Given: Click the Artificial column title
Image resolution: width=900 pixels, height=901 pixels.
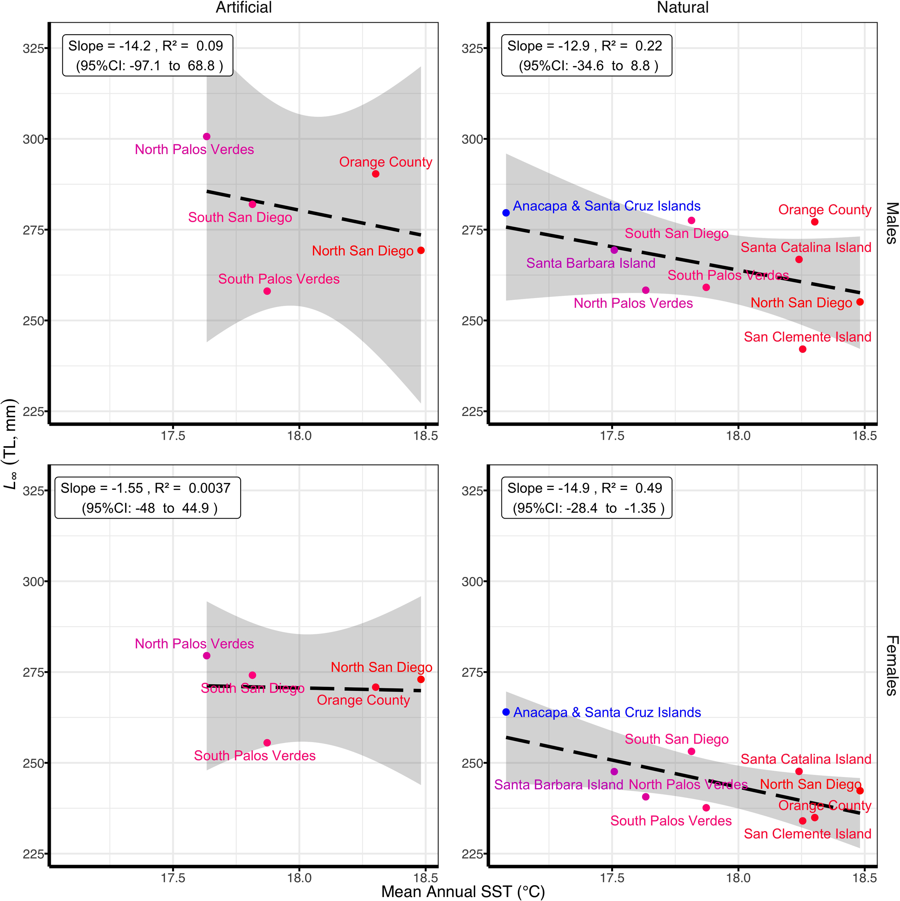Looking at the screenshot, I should [x=243, y=8].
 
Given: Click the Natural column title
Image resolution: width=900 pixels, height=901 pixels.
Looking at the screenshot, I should [x=682, y=8].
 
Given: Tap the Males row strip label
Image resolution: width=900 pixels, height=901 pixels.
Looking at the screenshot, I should [x=891, y=223].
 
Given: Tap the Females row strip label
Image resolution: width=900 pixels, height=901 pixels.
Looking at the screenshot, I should [x=891, y=666].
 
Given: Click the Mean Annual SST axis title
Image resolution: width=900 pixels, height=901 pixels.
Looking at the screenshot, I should [x=463, y=892].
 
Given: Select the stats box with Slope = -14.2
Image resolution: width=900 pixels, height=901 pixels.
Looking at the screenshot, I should [x=147, y=56].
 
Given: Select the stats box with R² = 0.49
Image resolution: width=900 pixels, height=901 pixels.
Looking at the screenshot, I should [x=586, y=498].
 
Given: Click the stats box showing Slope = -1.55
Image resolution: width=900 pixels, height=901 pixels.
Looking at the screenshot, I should [x=147, y=498].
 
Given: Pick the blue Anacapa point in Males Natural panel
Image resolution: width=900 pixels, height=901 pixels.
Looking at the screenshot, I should [x=506, y=213].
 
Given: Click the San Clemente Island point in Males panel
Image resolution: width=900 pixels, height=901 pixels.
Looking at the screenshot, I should [x=803, y=349].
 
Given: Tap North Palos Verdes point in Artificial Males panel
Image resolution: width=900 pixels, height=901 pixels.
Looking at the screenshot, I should [x=207, y=137].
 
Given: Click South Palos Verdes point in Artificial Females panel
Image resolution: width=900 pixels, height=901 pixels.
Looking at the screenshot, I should [x=267, y=743].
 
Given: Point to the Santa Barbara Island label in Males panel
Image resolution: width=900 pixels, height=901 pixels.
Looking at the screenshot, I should [x=591, y=263].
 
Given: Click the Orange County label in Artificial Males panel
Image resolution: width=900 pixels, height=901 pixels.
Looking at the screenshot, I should [x=385, y=162].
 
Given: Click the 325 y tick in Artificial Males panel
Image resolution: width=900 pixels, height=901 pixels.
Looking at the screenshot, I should [x=33, y=49].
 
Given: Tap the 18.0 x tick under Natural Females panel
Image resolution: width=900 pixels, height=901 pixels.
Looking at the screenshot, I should [x=738, y=878].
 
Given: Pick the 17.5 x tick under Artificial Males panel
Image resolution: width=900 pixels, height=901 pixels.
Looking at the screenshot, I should [x=173, y=436].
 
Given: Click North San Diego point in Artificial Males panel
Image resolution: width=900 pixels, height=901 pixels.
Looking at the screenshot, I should [x=421, y=250].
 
